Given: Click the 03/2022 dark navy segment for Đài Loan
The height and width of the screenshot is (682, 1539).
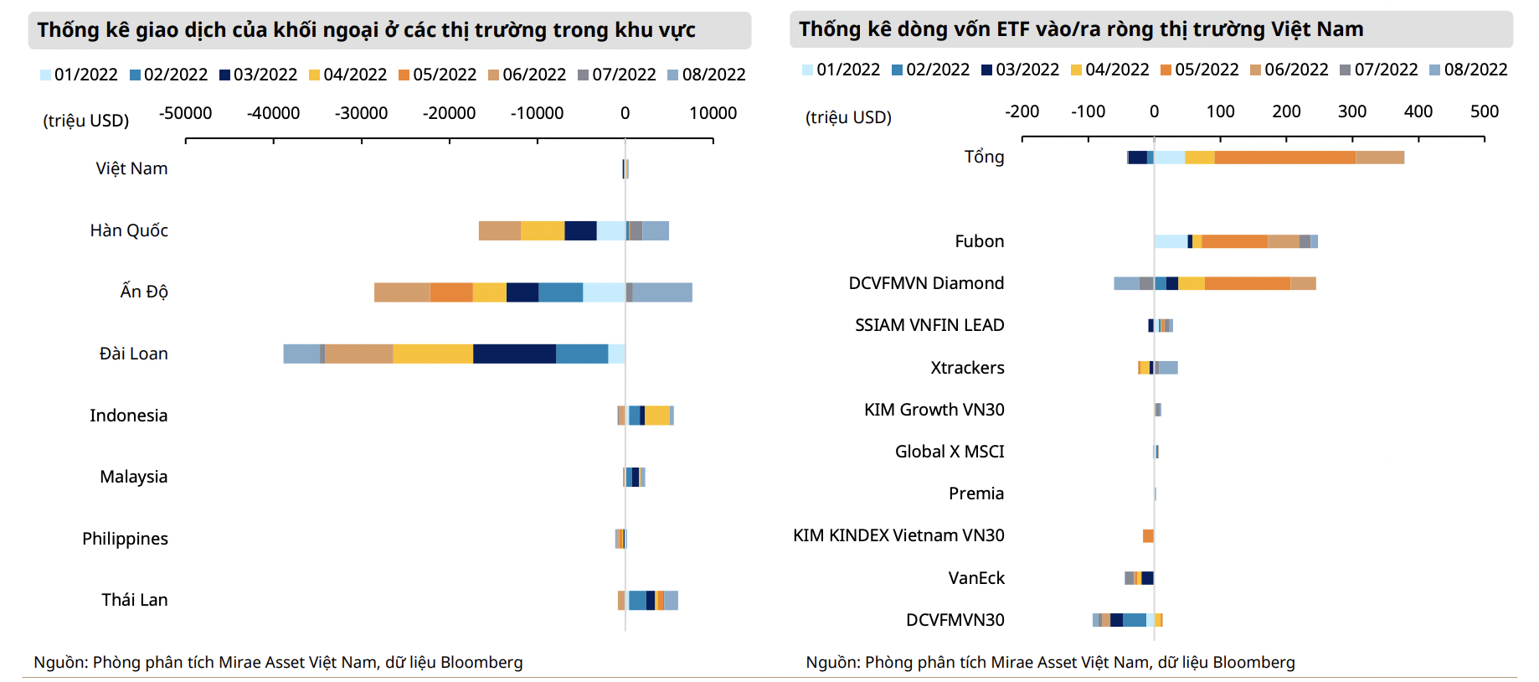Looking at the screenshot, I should [514, 354].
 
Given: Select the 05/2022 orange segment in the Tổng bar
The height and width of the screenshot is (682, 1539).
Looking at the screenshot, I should [1284, 158].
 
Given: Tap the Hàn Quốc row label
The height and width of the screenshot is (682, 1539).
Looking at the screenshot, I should [129, 230].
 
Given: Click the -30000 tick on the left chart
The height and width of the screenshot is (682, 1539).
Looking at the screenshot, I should [361, 113].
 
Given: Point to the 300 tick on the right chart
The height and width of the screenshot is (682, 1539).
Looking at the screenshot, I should [1351, 111].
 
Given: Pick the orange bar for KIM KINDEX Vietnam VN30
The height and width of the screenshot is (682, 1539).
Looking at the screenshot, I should [1148, 536].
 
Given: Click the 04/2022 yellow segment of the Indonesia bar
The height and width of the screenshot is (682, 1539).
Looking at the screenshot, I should [657, 416].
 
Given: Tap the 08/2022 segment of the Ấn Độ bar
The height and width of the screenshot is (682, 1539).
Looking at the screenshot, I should [661, 292].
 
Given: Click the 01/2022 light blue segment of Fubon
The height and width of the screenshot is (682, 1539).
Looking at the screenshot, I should [1171, 242].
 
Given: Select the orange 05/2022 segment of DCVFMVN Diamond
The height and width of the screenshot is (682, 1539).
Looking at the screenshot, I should [1247, 284].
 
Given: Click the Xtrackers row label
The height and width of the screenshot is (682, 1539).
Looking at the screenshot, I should [967, 368].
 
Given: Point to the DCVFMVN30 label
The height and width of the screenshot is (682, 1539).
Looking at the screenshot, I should [955, 620].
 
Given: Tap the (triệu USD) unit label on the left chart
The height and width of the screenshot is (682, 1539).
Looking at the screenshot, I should [85, 121].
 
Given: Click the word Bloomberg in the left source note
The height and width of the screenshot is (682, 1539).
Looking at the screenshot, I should [481, 663].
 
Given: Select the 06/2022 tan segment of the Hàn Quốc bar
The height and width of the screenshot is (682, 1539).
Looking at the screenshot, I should [499, 231].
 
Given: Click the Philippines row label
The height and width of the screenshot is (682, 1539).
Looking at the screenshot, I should [125, 539].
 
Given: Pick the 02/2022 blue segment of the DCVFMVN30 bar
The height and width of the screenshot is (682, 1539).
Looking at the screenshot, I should [1134, 620].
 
